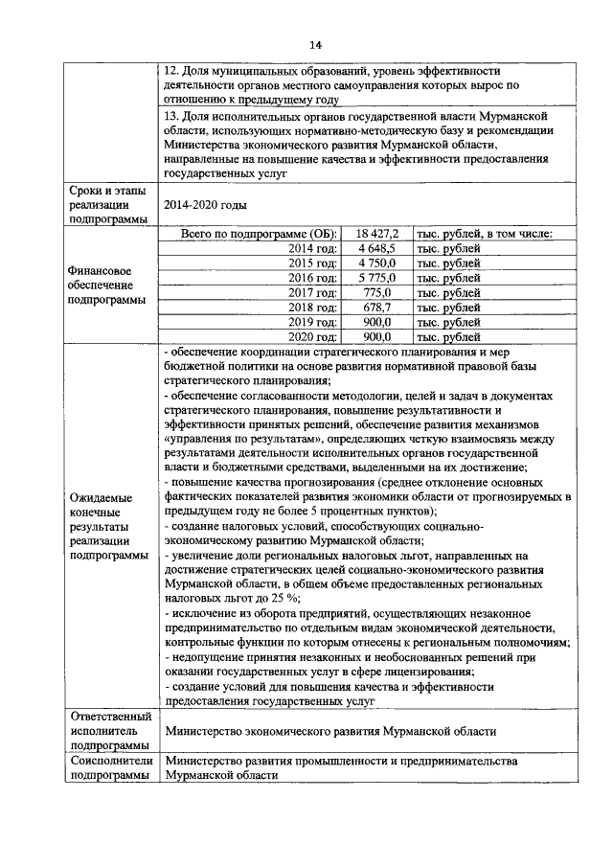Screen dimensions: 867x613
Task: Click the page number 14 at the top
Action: pos(315,45)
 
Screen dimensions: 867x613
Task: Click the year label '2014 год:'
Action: pos(313,248)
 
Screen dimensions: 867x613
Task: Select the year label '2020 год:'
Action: pos(313,336)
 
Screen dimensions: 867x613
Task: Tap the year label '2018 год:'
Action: pos(313,307)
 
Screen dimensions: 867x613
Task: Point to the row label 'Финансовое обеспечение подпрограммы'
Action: pos(105,285)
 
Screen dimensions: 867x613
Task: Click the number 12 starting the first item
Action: pos(170,71)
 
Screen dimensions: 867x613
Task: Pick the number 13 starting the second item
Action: pos(170,116)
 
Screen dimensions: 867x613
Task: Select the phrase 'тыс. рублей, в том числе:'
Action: pos(484,234)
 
